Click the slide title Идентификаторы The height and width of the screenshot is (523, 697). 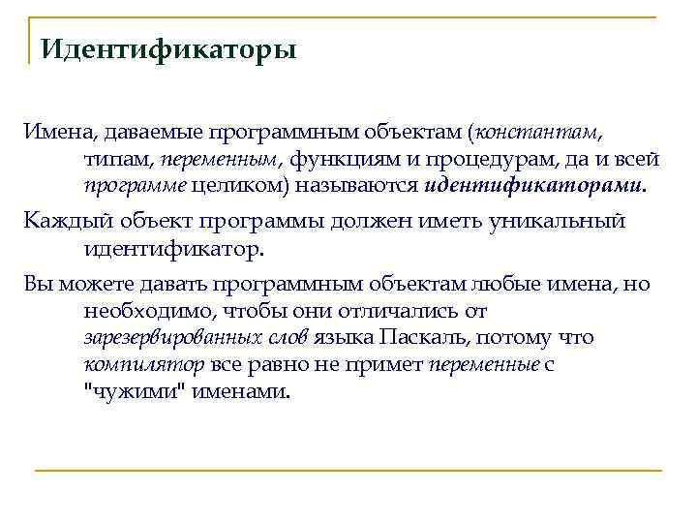(x=167, y=48)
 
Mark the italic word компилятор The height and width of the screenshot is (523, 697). (x=143, y=366)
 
